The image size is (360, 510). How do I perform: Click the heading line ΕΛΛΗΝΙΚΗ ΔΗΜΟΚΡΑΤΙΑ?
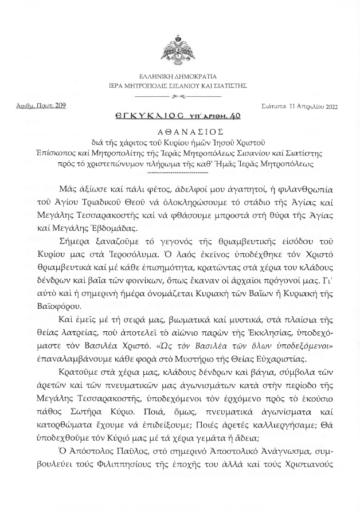click(x=180, y=76)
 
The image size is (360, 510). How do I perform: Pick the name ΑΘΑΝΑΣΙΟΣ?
click(x=179, y=131)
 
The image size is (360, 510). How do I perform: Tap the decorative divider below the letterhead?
click(x=179, y=96)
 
